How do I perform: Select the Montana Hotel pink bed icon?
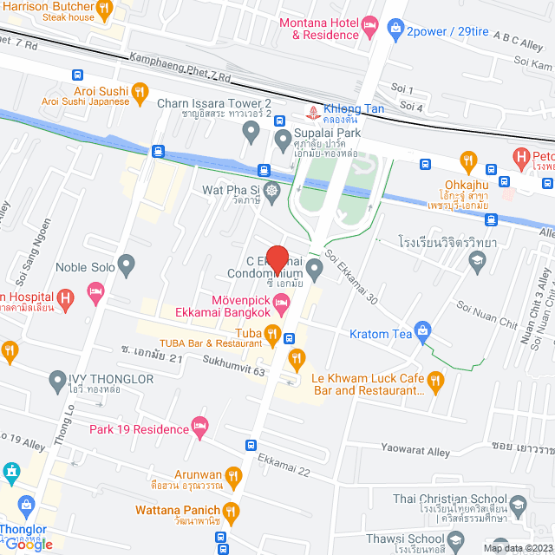(x=370, y=23)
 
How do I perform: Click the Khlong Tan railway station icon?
(x=314, y=110)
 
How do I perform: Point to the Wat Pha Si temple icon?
(x=271, y=189)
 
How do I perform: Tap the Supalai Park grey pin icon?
(x=282, y=138)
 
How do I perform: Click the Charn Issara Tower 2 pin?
(x=251, y=132)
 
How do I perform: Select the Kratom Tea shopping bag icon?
(x=422, y=330)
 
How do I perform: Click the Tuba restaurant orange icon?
(x=272, y=333)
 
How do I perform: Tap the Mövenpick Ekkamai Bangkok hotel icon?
(x=281, y=302)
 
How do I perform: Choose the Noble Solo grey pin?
(x=127, y=263)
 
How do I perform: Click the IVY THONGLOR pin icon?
(x=58, y=379)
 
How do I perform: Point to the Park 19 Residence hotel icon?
(x=200, y=425)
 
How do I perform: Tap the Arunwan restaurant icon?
(x=232, y=474)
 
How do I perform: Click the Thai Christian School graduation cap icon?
(x=518, y=505)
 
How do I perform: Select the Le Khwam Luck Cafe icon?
(x=435, y=379)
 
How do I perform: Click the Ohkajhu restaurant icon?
(x=469, y=160)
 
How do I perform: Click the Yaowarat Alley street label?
(x=415, y=452)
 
